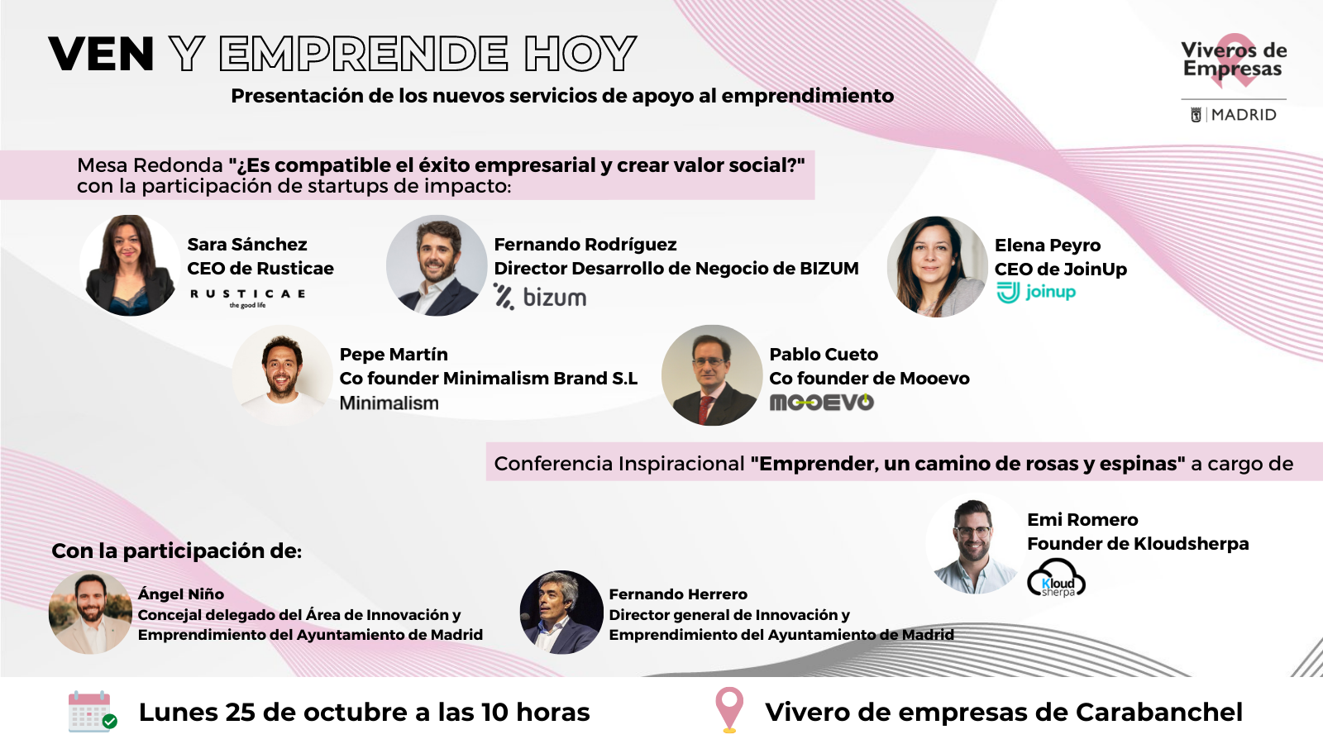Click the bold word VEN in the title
[101, 55]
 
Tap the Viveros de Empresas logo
[1234, 60]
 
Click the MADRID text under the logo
[1244, 115]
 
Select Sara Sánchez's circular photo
[131, 265]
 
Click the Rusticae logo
[247, 298]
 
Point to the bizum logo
[540, 297]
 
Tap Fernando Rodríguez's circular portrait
[437, 265]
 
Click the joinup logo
[1037, 293]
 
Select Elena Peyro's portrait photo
[938, 266]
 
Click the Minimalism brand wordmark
[389, 403]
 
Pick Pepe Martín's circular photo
[282, 375]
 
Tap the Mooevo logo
[822, 403]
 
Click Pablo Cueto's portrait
[712, 375]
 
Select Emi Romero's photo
[976, 544]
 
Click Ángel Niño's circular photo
[90, 613]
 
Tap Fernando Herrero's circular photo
[561, 613]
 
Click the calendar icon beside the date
[92, 712]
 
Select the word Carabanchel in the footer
[1158, 712]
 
